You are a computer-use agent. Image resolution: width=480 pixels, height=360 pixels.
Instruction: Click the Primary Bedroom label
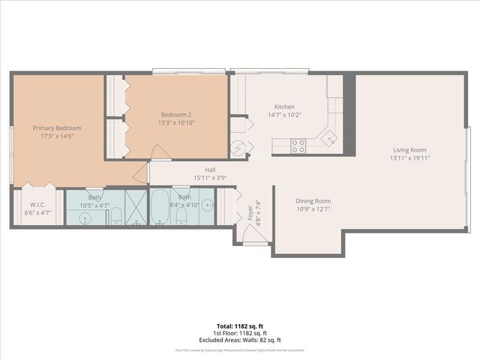[57, 128]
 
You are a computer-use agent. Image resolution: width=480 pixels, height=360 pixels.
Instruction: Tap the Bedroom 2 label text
[176, 114]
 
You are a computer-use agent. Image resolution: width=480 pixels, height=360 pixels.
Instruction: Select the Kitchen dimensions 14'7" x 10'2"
[284, 115]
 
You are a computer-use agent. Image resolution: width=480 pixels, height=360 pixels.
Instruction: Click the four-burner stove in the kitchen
[298, 145]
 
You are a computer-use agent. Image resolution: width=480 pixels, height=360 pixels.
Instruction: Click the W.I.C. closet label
[38, 204]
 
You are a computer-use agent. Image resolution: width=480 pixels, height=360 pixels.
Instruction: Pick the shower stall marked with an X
[136, 207]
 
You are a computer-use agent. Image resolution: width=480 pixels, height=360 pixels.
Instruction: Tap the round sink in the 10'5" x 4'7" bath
[85, 218]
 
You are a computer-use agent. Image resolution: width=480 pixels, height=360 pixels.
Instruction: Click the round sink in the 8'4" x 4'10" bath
[211, 204]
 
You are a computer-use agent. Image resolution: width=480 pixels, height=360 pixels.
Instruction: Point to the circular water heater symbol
[238, 147]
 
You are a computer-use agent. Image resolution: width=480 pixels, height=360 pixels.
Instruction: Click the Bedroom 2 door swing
[160, 152]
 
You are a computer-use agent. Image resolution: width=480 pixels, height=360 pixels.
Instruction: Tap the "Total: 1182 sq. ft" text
[240, 325]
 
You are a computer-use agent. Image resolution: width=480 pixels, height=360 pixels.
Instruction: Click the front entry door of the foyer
[255, 241]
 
